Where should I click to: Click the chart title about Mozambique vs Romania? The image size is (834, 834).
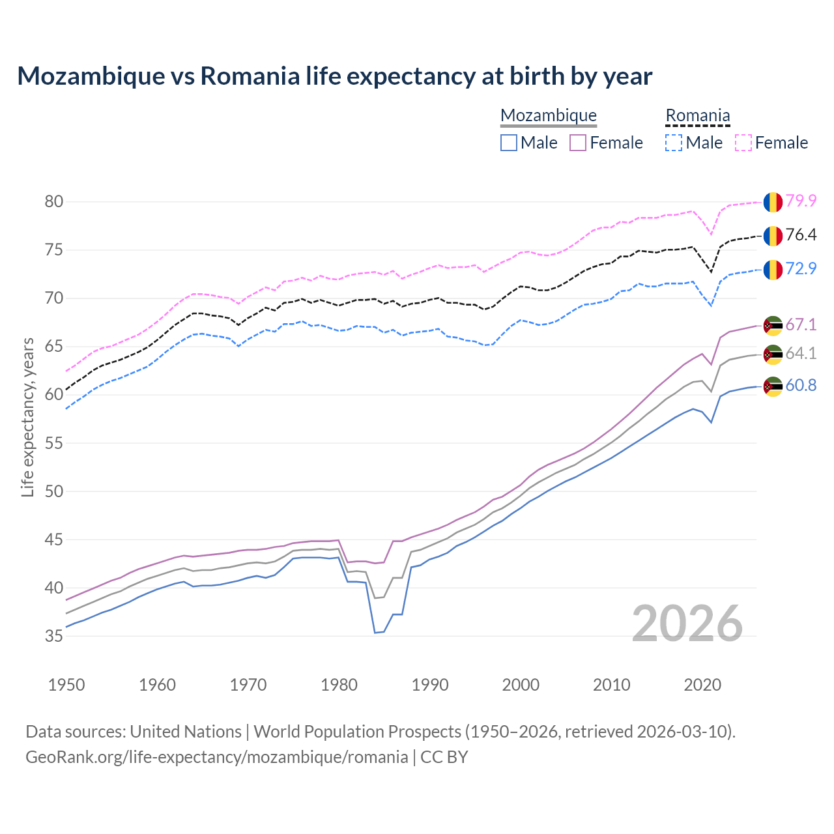[334, 76]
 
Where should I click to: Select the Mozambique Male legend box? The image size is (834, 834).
[509, 143]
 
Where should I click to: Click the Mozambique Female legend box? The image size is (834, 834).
[579, 143]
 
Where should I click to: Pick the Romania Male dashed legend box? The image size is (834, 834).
[674, 143]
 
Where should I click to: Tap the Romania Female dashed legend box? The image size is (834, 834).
[743, 143]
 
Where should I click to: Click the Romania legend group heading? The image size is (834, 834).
[697, 116]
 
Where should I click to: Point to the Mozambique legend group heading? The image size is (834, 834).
[548, 116]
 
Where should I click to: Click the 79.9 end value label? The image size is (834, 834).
[801, 201]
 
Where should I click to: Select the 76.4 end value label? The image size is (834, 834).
[801, 235]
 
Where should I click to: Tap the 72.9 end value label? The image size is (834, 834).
[801, 268]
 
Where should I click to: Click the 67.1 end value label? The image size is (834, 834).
[801, 324]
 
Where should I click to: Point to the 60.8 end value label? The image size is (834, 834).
[801, 386]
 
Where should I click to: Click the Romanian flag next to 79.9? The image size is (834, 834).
[773, 202]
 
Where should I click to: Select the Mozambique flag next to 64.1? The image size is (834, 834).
[773, 354]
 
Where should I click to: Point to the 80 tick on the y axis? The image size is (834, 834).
[53, 202]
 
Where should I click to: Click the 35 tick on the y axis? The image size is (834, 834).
[53, 637]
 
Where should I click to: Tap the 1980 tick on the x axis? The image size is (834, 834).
[339, 685]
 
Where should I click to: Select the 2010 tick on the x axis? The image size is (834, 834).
[611, 685]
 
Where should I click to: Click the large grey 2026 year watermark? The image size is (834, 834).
[687, 624]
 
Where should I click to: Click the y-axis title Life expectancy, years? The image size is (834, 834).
[28, 417]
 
